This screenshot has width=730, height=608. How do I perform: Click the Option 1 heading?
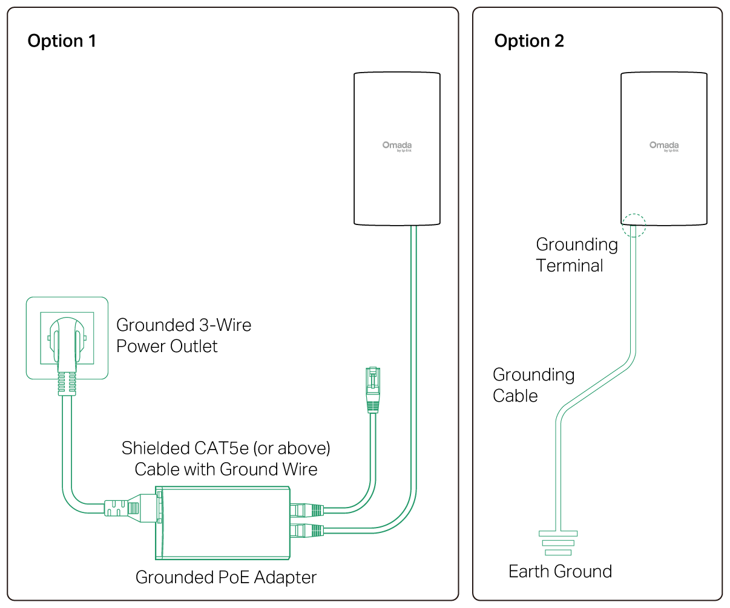pos(62,41)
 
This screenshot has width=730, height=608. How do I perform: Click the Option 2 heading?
pos(529,41)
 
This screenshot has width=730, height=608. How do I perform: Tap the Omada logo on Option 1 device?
pos(397,146)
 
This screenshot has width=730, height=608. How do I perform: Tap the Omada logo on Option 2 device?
pos(664,146)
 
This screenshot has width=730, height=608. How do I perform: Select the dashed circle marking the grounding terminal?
pos(634,225)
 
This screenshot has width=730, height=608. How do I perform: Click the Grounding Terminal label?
pos(576,255)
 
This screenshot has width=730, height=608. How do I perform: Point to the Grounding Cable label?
pos(533,385)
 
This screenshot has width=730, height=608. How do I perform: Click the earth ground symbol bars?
pos(558,543)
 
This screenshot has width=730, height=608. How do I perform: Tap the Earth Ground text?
pos(560,571)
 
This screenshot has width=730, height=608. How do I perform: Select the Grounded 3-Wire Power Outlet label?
pos(183,335)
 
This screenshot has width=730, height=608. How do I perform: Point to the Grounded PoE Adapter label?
pos(226,577)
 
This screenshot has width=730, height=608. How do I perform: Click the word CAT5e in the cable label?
pos(221,448)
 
